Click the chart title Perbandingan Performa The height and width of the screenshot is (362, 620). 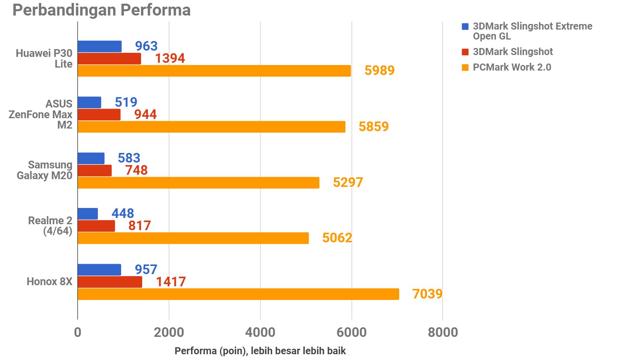[x=102, y=10]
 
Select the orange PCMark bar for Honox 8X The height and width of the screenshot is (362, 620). [x=238, y=294]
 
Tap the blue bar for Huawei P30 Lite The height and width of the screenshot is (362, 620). [x=100, y=47]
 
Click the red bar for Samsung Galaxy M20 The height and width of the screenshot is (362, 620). [x=95, y=170]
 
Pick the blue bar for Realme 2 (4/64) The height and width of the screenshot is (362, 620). [x=88, y=214]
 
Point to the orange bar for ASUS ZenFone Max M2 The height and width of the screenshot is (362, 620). [x=211, y=127]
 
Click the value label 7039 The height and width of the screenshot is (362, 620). [x=427, y=294]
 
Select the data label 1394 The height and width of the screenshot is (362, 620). [x=170, y=58]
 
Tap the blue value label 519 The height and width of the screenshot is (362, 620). [x=126, y=102]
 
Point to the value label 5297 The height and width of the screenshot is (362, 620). [x=348, y=182]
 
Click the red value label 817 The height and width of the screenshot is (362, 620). [x=140, y=226]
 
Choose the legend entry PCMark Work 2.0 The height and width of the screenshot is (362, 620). [x=512, y=67]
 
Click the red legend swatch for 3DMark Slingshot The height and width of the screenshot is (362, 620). [x=465, y=52]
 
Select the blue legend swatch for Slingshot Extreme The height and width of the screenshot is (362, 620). [x=465, y=27]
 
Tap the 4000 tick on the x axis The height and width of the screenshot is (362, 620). [x=260, y=332]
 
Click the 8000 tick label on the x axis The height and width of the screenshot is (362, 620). [x=443, y=332]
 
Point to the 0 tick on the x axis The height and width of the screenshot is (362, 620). [x=78, y=332]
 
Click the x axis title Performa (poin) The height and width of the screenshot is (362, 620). [x=260, y=351]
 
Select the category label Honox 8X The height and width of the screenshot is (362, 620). [x=49, y=282]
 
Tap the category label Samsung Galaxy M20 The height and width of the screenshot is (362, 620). [x=45, y=170]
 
